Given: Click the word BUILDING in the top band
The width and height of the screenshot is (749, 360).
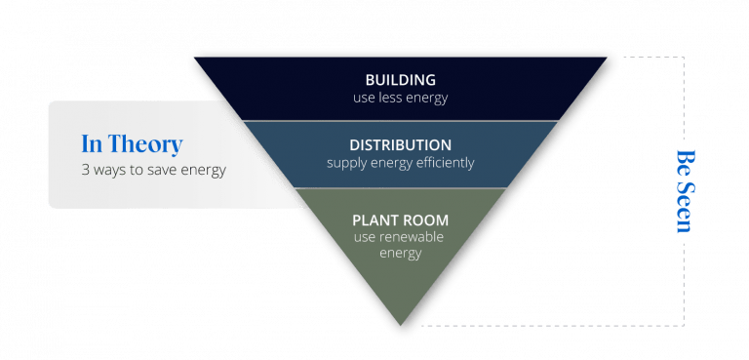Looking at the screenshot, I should click(400, 79).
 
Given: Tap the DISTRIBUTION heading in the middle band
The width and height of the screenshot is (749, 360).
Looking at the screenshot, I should click(400, 144).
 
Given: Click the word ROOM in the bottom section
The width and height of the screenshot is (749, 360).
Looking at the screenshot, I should click(424, 219).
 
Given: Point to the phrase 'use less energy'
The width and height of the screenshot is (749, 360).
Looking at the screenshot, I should click(400, 98).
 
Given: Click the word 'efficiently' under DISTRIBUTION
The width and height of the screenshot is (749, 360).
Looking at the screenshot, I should click(440, 163).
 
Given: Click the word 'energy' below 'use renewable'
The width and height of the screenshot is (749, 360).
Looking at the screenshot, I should click(400, 253).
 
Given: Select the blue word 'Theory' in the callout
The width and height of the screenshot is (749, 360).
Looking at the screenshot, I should click(145, 144).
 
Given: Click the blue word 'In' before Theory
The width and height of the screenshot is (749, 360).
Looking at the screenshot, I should click(92, 144).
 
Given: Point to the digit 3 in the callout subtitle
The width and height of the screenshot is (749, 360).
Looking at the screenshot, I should click(85, 170).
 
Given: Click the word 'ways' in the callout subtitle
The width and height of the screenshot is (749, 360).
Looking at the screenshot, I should click(110, 170).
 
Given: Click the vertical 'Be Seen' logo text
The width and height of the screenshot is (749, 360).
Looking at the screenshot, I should click(685, 191).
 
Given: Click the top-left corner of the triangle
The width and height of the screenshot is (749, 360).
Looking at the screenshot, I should click(192, 56).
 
